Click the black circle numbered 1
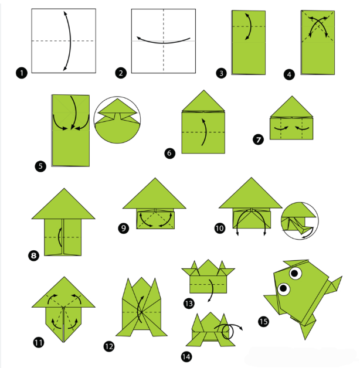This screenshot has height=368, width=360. coord(22,73)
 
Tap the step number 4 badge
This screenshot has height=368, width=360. coord(289,74)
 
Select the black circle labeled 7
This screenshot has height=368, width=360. coord(259,139)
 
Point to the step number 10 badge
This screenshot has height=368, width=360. coord(220,228)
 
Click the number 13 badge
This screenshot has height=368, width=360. coord(189,304)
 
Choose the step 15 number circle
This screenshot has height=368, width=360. coord(263,321)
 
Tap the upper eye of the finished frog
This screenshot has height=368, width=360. coord(295,273)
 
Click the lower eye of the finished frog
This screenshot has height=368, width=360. coord(283,288)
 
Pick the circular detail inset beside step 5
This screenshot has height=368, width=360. coord(117,120)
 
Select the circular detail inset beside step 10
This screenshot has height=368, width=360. coord(300,220)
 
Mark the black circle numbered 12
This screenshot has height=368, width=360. coord(108,346)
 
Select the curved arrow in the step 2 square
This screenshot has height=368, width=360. coord(164,42)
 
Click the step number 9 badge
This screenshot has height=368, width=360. coord(124,228)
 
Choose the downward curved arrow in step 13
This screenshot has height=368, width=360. coord(212,290)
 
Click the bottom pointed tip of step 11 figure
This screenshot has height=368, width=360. coord(63,342)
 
